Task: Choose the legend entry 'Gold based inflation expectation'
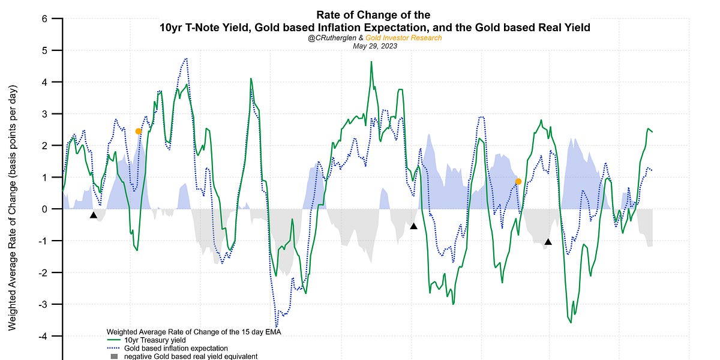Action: click(176, 349)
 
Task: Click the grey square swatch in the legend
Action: click(114, 356)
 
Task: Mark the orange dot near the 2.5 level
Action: click(139, 131)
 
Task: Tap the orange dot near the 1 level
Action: click(518, 181)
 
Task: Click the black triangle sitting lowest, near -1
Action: click(548, 242)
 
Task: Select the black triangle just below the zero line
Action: click(93, 215)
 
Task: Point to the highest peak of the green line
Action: click(371, 62)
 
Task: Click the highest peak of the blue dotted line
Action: click(187, 59)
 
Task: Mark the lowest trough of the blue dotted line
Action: click(276, 325)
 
